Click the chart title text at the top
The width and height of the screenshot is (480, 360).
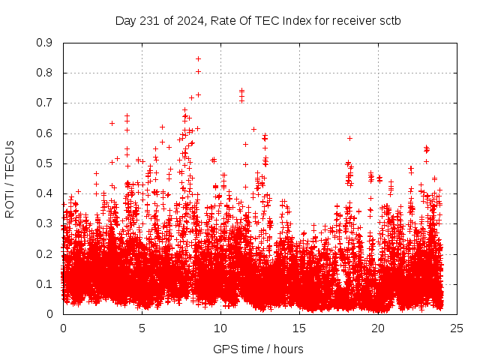(257, 20)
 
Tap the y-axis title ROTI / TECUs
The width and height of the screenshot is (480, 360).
(10, 179)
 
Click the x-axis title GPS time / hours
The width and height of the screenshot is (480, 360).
(258, 349)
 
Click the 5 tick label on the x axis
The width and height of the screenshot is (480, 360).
(142, 328)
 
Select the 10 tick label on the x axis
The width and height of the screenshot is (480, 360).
(220, 328)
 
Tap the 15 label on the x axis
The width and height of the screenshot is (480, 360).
(299, 328)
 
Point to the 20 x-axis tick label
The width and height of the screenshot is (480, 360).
(378, 328)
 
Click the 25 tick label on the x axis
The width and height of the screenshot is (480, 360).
(457, 328)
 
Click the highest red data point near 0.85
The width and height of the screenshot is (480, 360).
(198, 58)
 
